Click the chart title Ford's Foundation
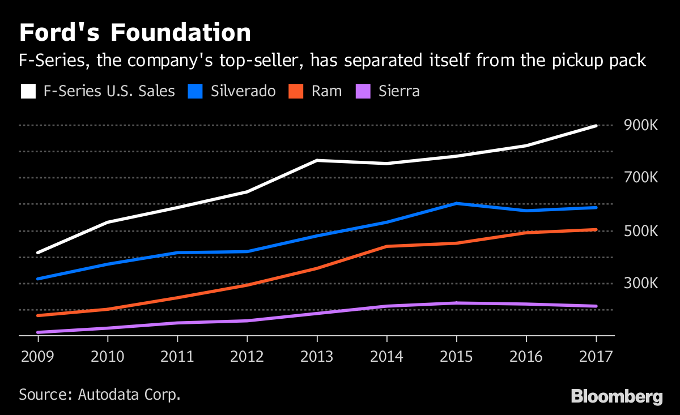tap(135, 33)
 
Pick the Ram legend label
tap(326, 91)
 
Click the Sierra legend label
tap(399, 91)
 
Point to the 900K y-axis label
tap(641, 126)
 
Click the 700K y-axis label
tap(641, 178)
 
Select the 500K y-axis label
tap(641, 231)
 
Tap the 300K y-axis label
tap(641, 283)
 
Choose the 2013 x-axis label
tap(317, 357)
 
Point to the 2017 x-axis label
tap(596, 357)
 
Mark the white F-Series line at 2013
tap(317, 160)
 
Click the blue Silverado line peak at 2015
tap(456, 203)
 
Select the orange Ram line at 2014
tap(386, 246)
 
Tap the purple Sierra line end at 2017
tap(596, 306)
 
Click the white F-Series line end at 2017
tap(596, 126)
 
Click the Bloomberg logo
tap(617, 396)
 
